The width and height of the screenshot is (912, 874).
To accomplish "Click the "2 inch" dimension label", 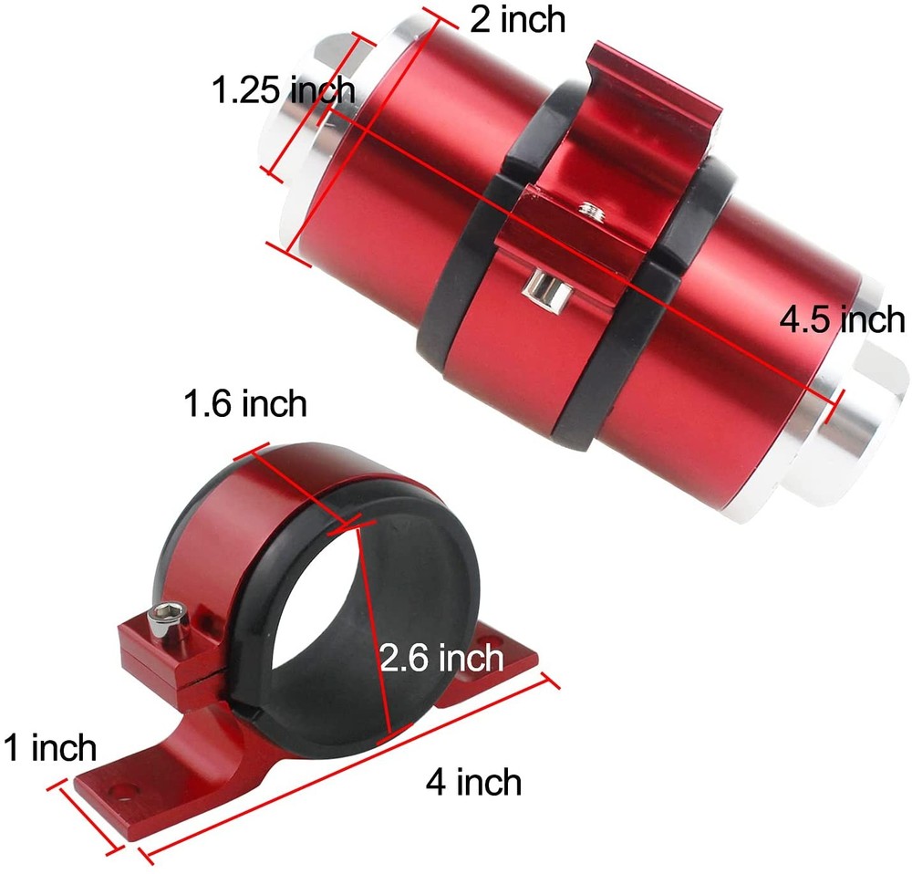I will pos(517,18).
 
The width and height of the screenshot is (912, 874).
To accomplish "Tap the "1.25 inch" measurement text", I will pos(283,90).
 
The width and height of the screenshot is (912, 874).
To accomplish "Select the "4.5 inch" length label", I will pos(842,320).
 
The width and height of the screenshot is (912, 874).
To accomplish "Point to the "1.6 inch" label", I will pos(244,402).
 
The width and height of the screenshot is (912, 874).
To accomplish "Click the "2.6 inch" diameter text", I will pos(441,657).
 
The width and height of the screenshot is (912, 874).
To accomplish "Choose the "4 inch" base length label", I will pos(474,782).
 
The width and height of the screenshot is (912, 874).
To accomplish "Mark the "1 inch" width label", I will pos(49,748).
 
